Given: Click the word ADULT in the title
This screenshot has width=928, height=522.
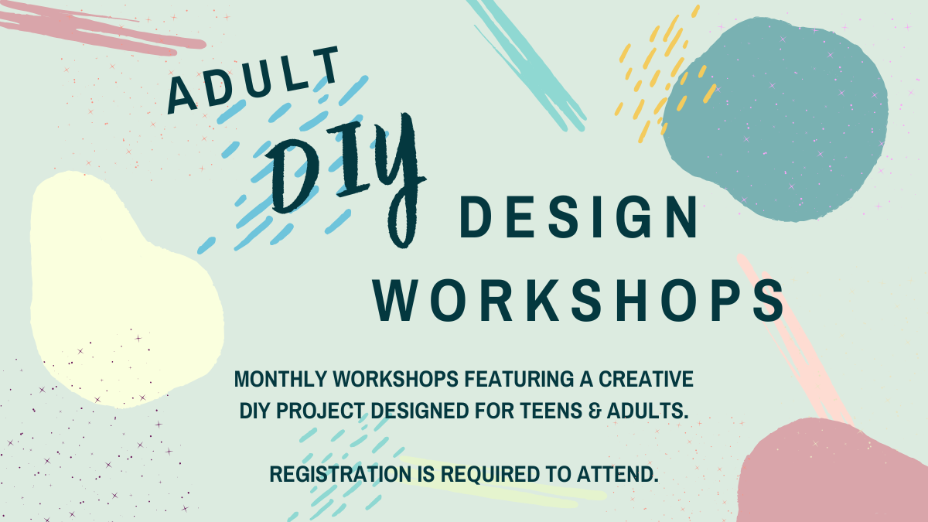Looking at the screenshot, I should click(254, 79).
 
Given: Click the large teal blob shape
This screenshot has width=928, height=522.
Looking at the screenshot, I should click(773, 116).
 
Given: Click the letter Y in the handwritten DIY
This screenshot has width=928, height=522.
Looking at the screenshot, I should click(399, 178).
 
